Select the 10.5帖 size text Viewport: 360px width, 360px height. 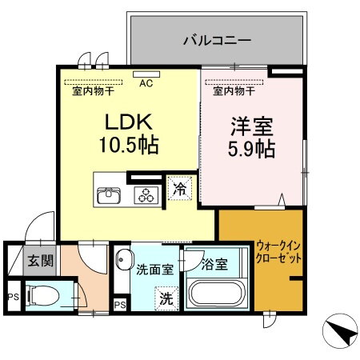128,146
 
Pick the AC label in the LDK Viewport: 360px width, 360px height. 146,82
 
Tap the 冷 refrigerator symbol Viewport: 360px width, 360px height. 180,190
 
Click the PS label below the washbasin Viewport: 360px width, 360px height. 119,305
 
